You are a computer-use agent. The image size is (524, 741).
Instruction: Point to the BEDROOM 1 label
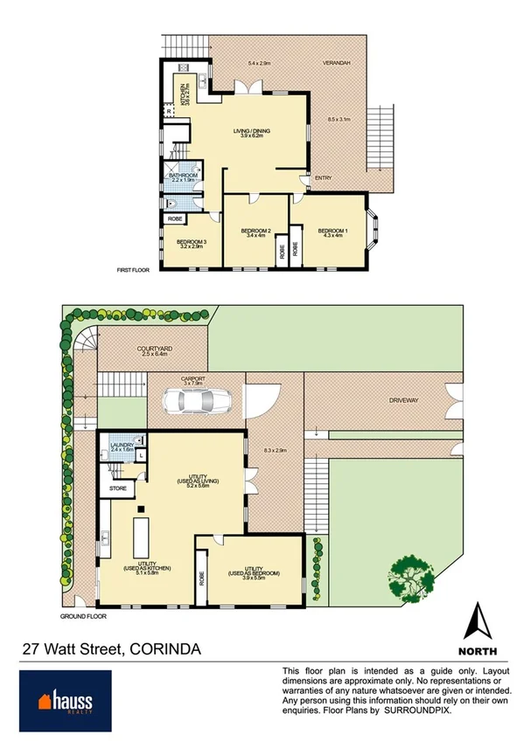(x=332, y=231)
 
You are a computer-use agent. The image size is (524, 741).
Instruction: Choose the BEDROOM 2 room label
(x=255, y=231)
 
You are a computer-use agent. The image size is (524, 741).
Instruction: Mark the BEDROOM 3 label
(x=191, y=242)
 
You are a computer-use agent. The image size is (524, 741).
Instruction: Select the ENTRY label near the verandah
(x=324, y=179)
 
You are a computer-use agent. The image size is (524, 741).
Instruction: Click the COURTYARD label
(x=153, y=349)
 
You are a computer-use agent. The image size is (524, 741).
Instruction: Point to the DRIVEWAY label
(x=406, y=400)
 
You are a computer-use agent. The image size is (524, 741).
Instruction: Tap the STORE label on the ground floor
(x=118, y=488)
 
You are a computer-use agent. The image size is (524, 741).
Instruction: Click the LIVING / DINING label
(x=251, y=131)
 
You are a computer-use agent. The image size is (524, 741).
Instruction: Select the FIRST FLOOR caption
(x=134, y=270)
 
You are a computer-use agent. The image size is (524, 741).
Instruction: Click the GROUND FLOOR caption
(x=84, y=616)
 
